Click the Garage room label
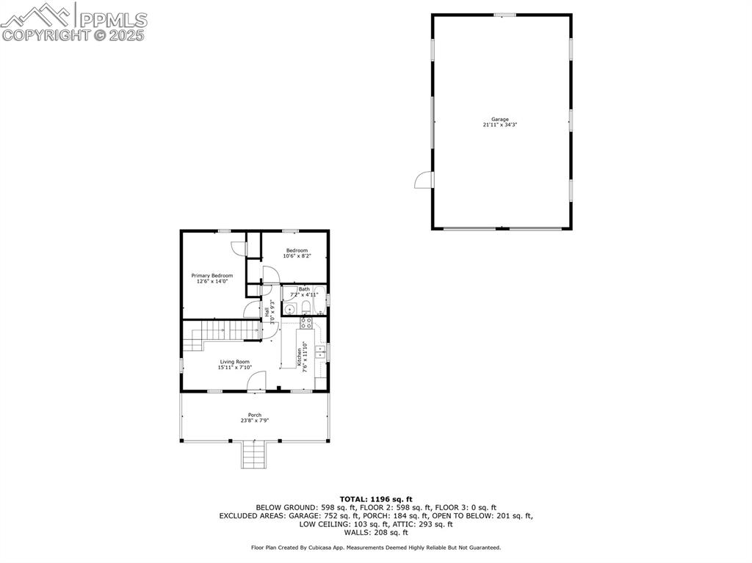[x=500, y=122]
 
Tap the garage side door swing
[x=424, y=180]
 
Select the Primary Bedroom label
[x=212, y=278]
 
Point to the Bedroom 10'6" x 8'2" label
[x=297, y=253]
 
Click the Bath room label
[x=303, y=291]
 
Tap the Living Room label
[x=234, y=364]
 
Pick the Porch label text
[x=255, y=418]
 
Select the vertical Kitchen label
[x=301, y=357]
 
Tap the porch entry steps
[x=254, y=455]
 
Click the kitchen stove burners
[x=306, y=322]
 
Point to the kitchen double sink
[x=321, y=352]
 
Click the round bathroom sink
[x=289, y=308]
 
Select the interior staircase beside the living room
[x=220, y=334]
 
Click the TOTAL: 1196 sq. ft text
[x=376, y=499]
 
